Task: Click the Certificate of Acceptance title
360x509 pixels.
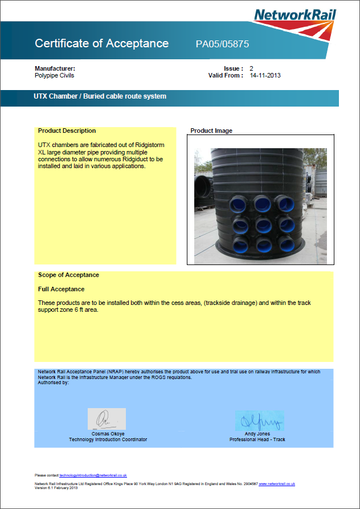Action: pos(101,43)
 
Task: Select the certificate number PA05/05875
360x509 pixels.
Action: pos(222,44)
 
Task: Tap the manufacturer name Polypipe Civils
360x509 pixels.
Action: pos(54,75)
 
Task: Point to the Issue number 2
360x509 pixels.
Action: pos(252,68)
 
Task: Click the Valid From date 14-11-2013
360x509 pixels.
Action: pos(265,75)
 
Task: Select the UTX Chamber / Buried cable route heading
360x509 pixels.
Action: pos(100,96)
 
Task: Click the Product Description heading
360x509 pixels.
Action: pos(67,131)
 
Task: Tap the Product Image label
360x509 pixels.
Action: pos(211,131)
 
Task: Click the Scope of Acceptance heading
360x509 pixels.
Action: pos(68,275)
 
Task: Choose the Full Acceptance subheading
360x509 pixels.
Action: pos(61,289)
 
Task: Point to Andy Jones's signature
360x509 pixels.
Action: pos(259,421)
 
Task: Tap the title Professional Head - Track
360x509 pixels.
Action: pos(257,439)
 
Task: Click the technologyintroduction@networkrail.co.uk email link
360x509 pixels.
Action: pos(93,475)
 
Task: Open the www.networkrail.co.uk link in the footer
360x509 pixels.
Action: pos(277,483)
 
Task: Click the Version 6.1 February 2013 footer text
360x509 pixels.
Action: pos(56,487)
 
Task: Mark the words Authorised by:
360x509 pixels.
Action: pos(53,382)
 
